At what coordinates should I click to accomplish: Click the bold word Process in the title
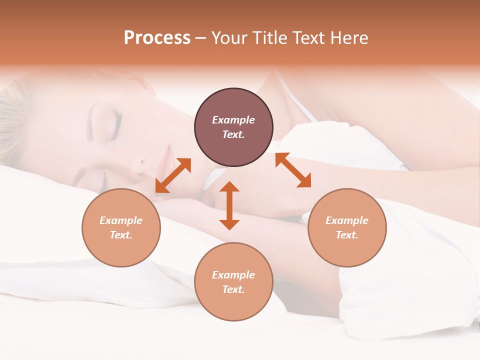tap(157, 38)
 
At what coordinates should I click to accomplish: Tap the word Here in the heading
tap(349, 38)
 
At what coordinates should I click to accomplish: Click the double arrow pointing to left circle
tap(173, 175)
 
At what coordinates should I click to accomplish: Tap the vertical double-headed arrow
tap(229, 205)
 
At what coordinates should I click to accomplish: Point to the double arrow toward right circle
tap(293, 170)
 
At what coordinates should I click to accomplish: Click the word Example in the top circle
tap(233, 120)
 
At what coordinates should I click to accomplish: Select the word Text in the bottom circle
tap(233, 289)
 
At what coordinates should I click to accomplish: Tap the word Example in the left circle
tap(121, 220)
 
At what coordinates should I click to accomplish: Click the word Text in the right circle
tap(346, 235)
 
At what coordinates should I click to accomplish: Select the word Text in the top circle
tap(233, 134)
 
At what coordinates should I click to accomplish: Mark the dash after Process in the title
tap(201, 38)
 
